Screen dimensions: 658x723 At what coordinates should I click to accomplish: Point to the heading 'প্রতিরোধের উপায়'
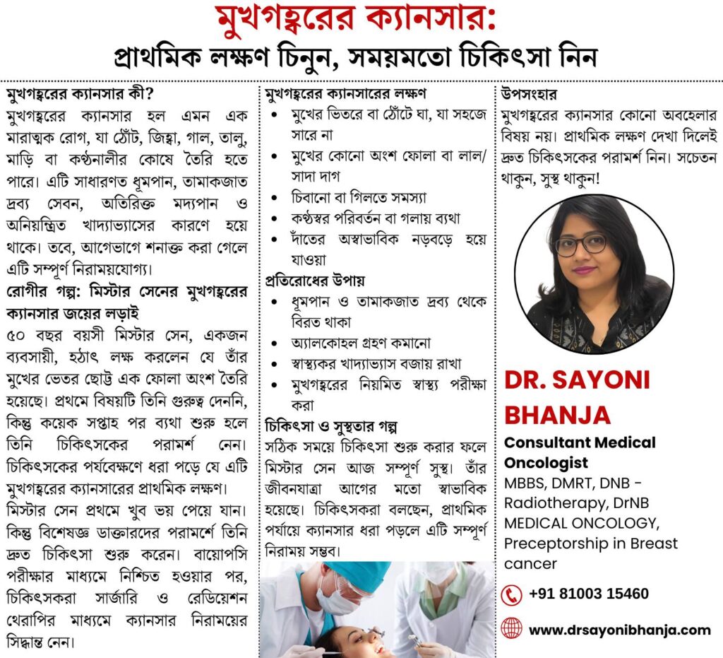click(315, 281)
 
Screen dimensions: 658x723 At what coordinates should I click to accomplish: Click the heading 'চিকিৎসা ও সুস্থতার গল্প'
click(331, 427)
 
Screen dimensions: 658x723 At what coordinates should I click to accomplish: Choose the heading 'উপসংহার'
click(529, 94)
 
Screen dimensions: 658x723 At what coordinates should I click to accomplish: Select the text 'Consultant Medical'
click(579, 443)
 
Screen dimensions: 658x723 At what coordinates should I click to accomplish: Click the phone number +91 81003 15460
click(588, 594)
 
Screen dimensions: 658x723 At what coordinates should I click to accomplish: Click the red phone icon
click(510, 594)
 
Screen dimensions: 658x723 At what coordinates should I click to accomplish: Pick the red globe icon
click(510, 628)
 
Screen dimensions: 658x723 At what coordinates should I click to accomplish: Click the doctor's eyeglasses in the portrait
click(580, 244)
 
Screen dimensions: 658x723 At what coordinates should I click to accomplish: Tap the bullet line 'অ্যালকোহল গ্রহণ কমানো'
click(361, 343)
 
